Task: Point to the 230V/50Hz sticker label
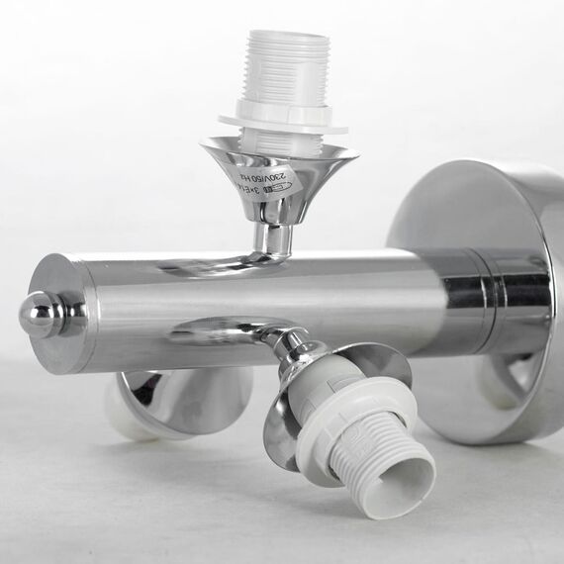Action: [x=265, y=180]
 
